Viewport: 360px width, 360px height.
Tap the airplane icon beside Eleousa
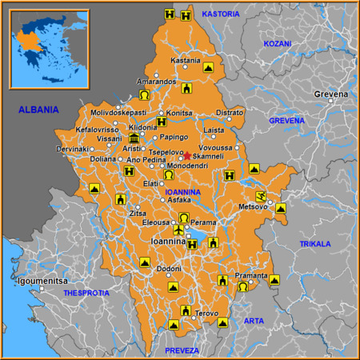pos(178,231)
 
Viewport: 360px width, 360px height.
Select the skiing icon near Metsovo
pos(260,196)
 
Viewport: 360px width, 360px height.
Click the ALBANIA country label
pos(38,110)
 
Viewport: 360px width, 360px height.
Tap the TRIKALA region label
pos(314,243)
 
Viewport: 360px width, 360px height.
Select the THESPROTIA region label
pos(86,294)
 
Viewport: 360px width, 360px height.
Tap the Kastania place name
pos(186,61)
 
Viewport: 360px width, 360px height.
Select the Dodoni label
pos(168,270)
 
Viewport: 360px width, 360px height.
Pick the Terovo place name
pos(206,313)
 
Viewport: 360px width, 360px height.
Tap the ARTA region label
pos(253,321)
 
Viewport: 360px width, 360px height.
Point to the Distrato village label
pos(229,113)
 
